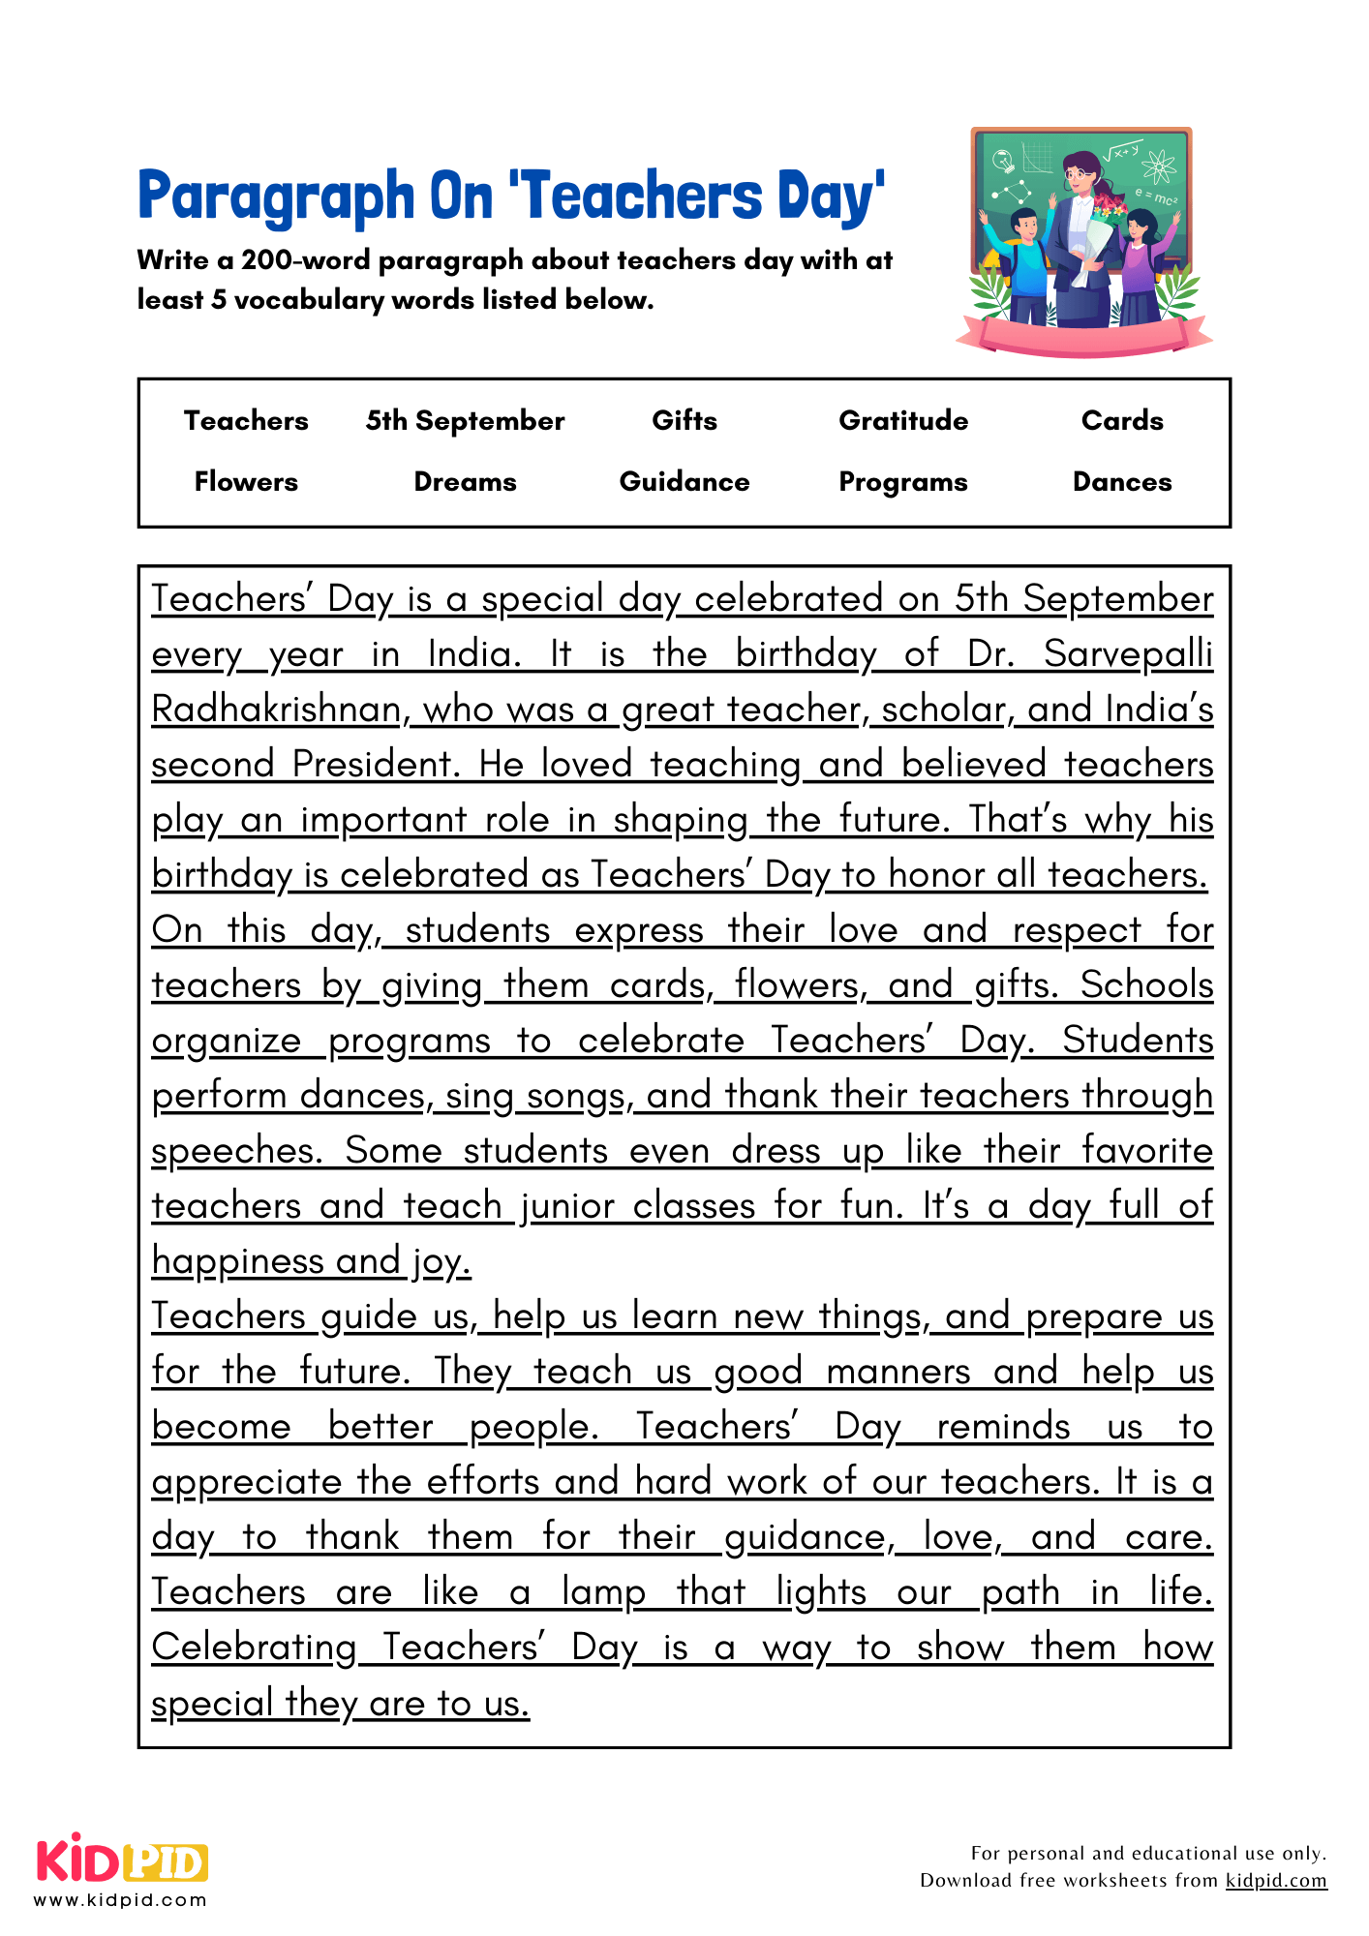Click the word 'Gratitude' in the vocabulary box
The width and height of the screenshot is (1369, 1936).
[902, 420]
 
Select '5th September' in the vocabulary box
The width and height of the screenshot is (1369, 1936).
[465, 421]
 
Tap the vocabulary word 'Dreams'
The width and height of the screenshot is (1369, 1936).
[465, 482]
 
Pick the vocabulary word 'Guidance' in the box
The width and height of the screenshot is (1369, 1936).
[684, 482]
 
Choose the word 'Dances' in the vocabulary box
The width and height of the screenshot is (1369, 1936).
[1122, 482]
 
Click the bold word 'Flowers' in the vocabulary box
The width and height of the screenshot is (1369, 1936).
[246, 482]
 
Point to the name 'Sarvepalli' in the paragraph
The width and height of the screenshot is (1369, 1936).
[1128, 654]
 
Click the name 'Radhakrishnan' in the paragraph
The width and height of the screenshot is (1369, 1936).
[277, 710]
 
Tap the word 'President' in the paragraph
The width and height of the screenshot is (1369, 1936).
[374, 765]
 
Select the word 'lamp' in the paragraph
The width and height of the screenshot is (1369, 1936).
[603, 1592]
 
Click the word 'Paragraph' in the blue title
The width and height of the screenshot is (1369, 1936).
[276, 197]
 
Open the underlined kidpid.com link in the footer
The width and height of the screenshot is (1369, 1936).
[1276, 1880]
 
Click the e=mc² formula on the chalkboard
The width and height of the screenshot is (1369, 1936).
[1156, 198]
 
